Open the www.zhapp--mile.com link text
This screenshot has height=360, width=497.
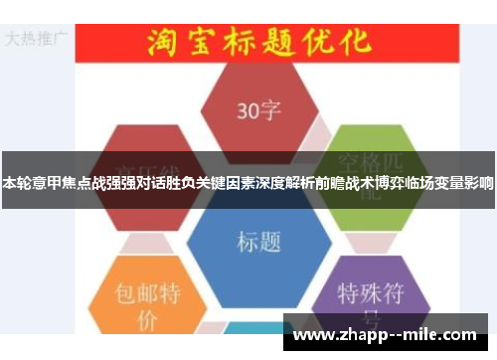[x=387, y=334]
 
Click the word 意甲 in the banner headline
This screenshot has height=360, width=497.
[x=53, y=183]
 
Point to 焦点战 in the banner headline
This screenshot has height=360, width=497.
[x=90, y=183]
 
